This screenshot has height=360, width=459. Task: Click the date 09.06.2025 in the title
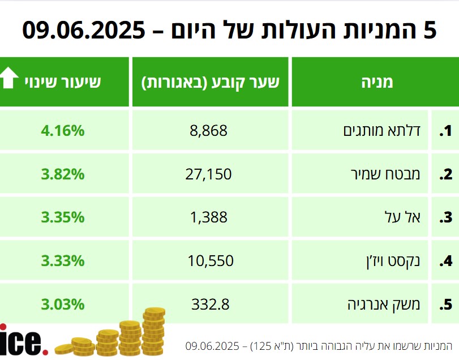(83, 30)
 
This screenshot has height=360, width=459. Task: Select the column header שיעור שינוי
(63, 82)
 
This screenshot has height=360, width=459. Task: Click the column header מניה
(377, 82)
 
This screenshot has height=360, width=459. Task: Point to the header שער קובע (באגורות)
(210, 82)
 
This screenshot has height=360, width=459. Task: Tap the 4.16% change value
(63, 131)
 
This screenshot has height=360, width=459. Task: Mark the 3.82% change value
(63, 174)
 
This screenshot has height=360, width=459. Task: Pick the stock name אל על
(406, 217)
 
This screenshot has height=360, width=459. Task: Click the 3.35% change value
(63, 217)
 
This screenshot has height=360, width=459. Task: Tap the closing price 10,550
(210, 261)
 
